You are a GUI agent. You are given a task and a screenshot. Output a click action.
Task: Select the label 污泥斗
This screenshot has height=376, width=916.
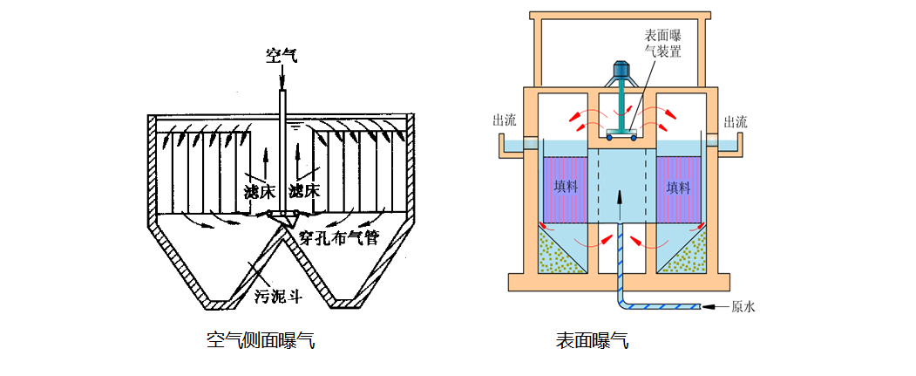[x=279, y=296]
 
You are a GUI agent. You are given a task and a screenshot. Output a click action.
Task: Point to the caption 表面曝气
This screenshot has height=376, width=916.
[x=592, y=340]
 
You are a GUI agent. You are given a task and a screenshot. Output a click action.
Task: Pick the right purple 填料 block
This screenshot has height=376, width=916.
[x=680, y=187]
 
